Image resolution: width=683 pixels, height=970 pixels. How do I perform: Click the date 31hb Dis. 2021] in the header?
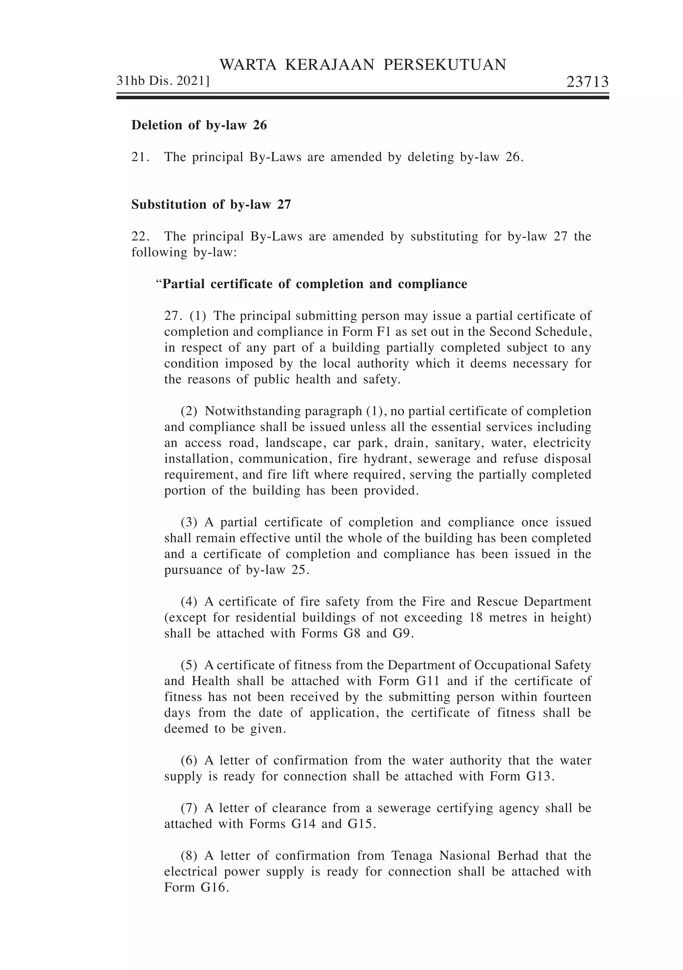click(x=163, y=81)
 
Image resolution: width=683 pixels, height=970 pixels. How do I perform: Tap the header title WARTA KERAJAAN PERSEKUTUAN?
click(x=363, y=65)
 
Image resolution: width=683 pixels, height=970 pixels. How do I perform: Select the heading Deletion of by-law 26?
click(x=199, y=125)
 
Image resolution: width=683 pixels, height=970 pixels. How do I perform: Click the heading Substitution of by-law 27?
click(x=211, y=204)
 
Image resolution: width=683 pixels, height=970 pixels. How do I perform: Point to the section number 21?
click(x=140, y=157)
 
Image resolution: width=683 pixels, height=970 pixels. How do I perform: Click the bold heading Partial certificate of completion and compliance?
click(x=314, y=284)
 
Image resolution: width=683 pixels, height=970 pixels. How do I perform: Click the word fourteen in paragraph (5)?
click(x=567, y=697)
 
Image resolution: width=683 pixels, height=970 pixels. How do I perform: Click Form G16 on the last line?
click(x=196, y=888)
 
